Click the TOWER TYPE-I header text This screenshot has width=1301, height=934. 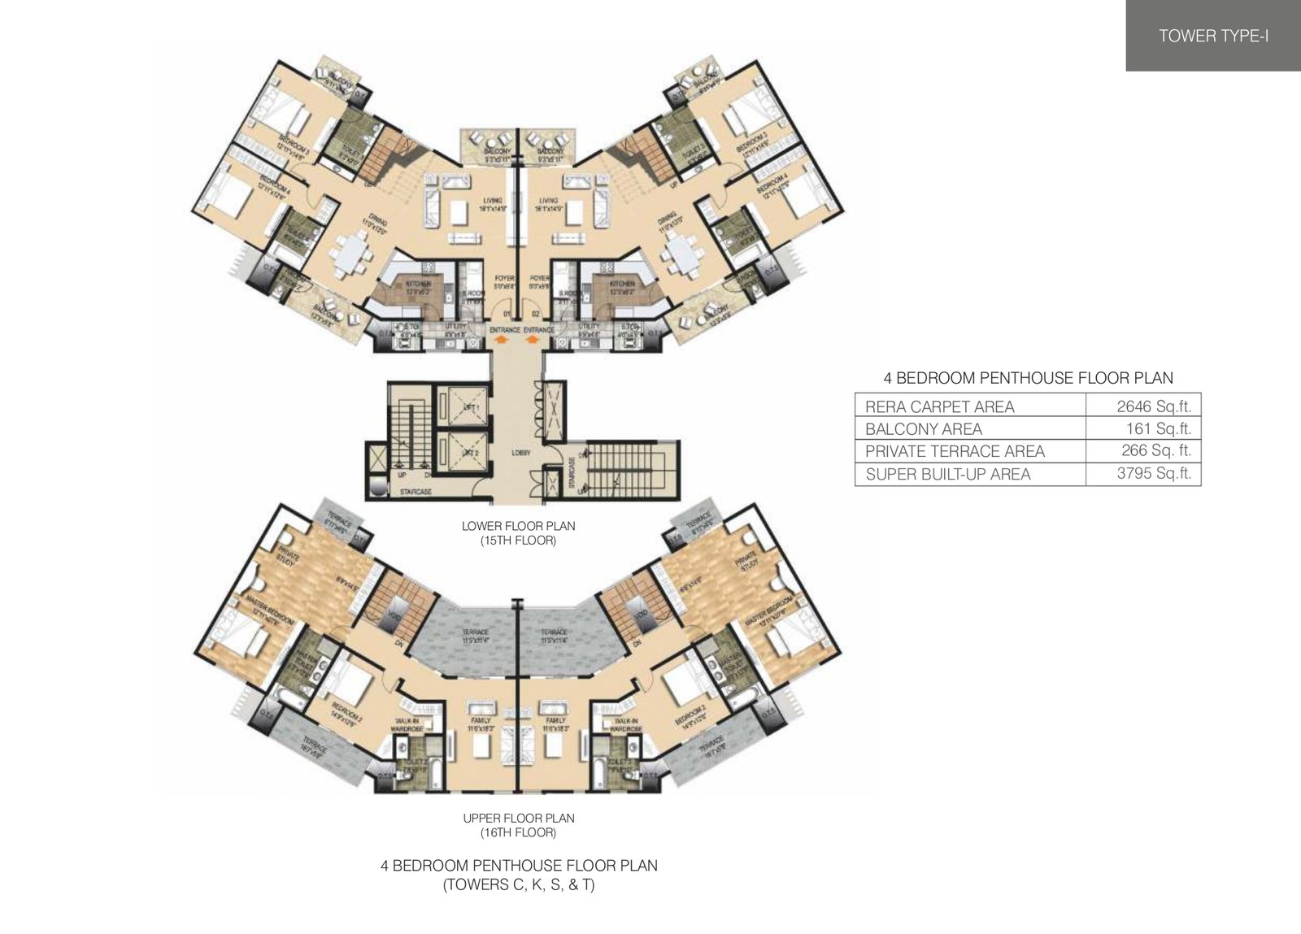coord(1213,36)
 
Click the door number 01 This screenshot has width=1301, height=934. coord(506,313)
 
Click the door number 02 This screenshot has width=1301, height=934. coord(535,313)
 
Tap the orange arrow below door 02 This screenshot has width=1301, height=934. coord(533,341)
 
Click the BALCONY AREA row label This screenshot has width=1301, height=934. coord(923,429)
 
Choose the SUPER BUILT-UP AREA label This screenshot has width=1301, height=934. coord(947,474)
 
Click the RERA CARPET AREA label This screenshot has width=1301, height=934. coord(939,406)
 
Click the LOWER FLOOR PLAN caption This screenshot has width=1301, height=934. coord(518,526)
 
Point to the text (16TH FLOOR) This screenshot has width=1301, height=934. coord(518,833)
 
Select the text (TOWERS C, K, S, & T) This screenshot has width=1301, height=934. coord(518,886)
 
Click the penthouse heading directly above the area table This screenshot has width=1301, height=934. coord(1028,378)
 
